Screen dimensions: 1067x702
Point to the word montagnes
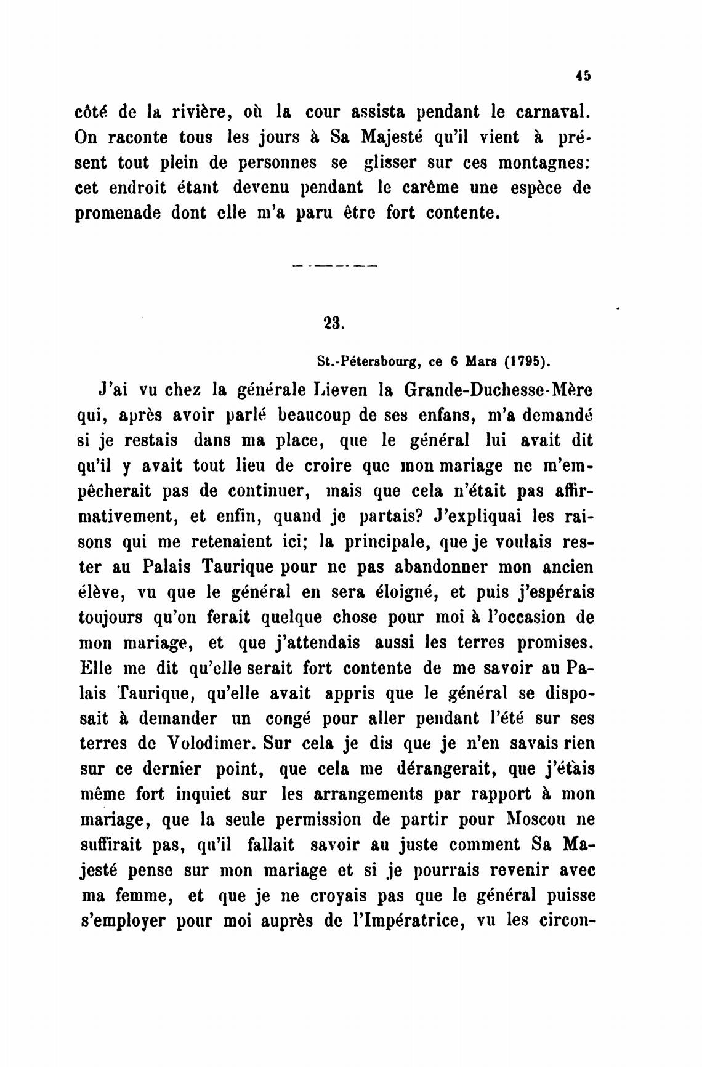(545, 163)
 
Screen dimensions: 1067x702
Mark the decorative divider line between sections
(333, 266)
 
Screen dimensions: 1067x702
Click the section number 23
(333, 323)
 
